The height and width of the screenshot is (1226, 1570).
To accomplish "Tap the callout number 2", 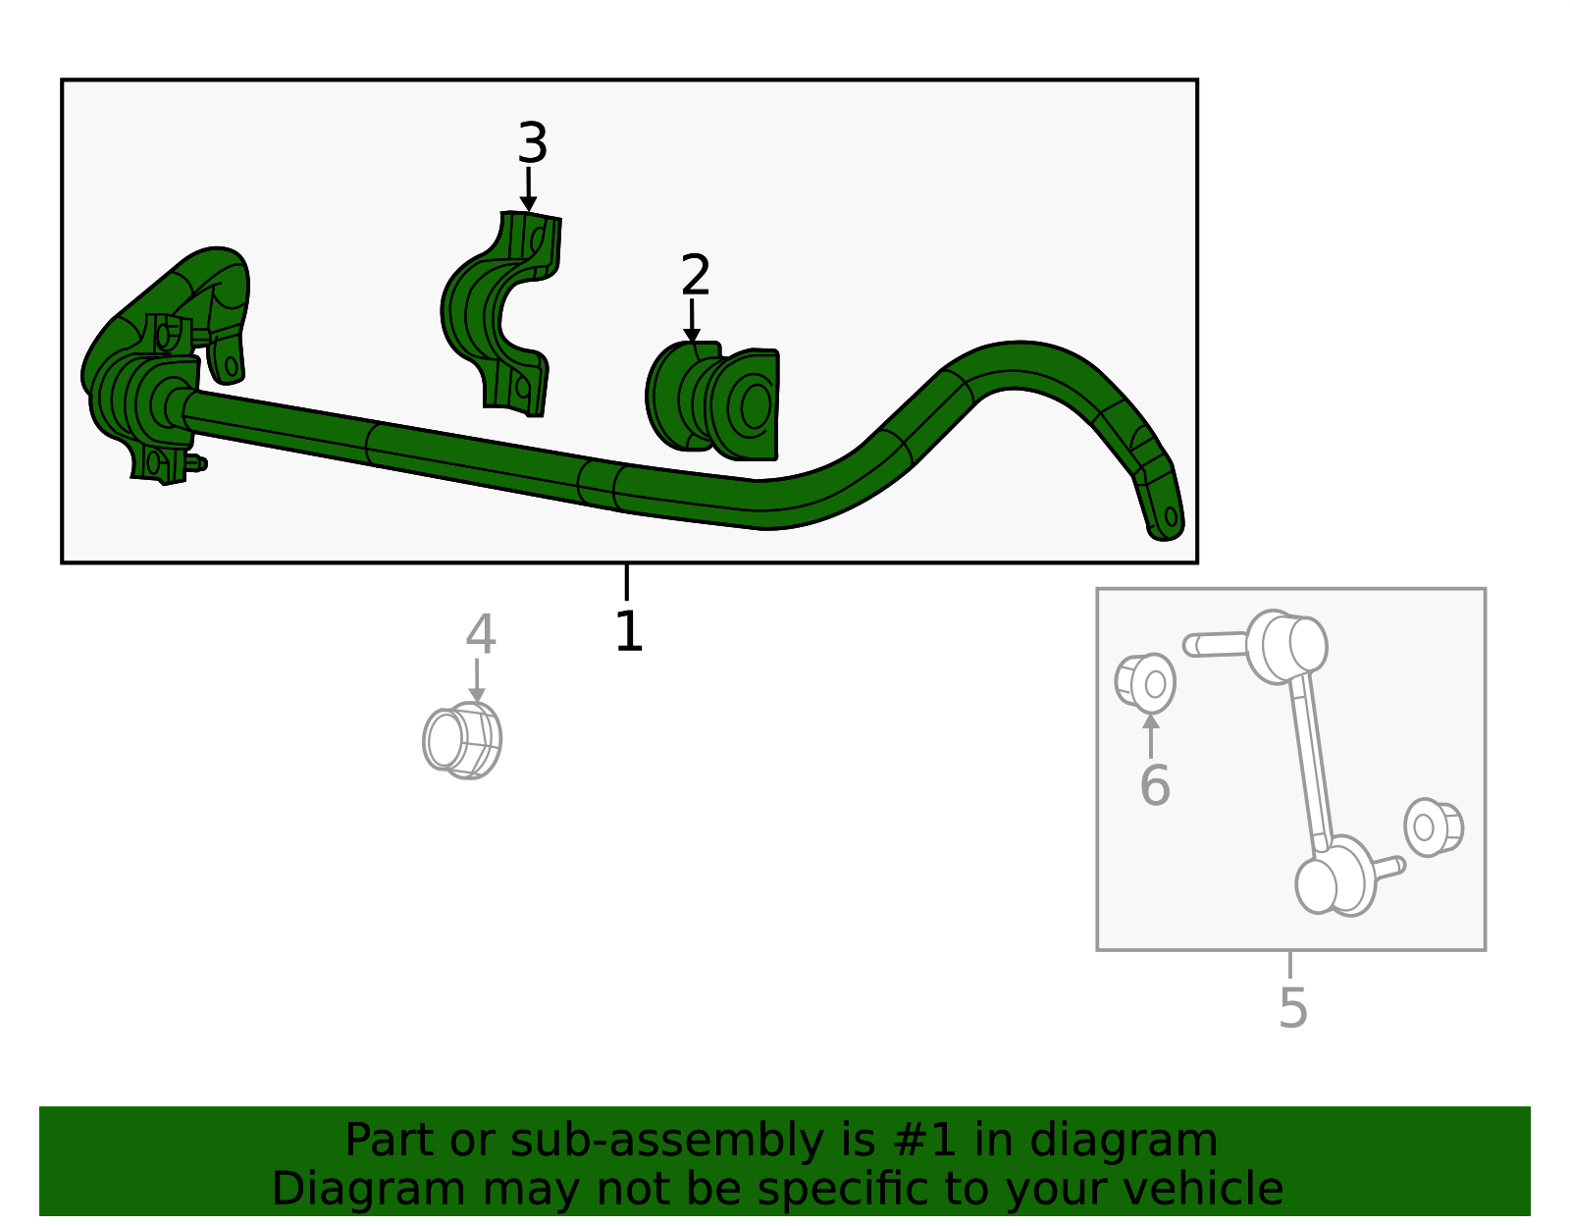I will pyautogui.click(x=695, y=276).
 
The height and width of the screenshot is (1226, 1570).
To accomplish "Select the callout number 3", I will pyautogui.click(x=532, y=143).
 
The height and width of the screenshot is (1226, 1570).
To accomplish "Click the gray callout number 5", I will pyautogui.click(x=1292, y=1007).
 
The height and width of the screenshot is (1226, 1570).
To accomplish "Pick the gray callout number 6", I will pyautogui.click(x=1154, y=785).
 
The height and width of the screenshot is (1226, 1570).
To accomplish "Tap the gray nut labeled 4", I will pyautogui.click(x=462, y=741).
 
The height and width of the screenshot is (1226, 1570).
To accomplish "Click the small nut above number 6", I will pyautogui.click(x=1145, y=682).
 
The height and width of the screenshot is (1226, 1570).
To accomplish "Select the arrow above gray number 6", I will pyautogui.click(x=1151, y=735).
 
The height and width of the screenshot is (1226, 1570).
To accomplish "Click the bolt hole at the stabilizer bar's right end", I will pyautogui.click(x=1170, y=516).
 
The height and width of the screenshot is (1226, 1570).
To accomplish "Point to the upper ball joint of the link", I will pyautogui.click(x=1288, y=645).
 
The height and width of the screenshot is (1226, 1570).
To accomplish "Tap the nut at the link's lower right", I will pyautogui.click(x=1433, y=826).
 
